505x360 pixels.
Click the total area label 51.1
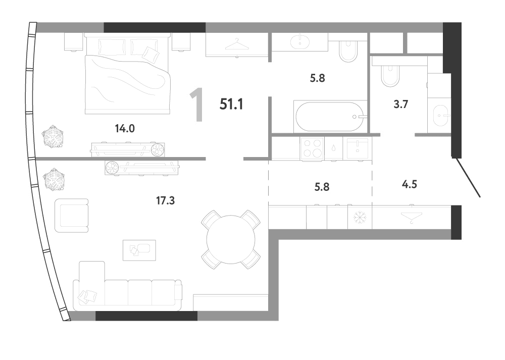(231, 105)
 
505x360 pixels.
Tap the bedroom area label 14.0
(125, 129)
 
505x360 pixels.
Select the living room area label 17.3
(165, 201)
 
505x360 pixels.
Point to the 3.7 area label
(401, 105)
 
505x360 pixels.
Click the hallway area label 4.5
(410, 184)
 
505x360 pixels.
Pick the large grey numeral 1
(197, 105)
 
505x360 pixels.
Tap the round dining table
(231, 239)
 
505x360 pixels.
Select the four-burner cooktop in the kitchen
(313, 148)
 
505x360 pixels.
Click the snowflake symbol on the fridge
(360, 218)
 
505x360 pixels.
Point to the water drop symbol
(334, 148)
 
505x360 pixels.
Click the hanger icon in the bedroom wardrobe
(237, 44)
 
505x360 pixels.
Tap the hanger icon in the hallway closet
(411, 217)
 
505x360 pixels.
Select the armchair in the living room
(72, 216)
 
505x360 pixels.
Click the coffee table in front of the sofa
(139, 250)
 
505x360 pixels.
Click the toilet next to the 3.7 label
(390, 76)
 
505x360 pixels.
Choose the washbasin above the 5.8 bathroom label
(300, 42)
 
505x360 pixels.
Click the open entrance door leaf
(466, 177)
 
